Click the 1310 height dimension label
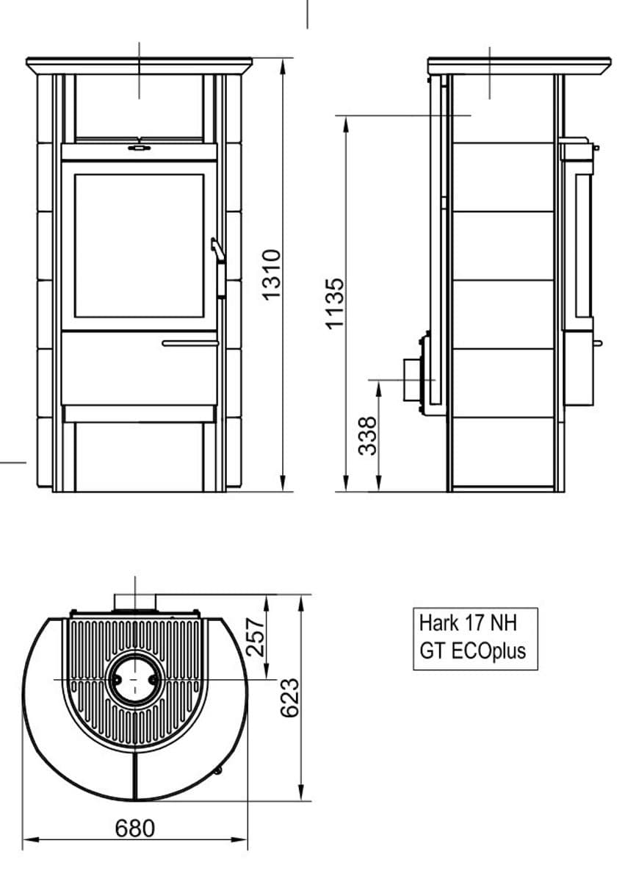272,275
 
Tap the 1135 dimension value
334,303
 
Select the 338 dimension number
368,436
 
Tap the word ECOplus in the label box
488,651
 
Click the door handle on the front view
219,268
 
